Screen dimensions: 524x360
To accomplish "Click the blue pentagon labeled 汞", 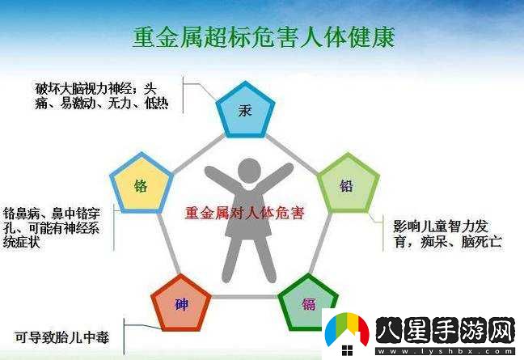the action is [x=245, y=111].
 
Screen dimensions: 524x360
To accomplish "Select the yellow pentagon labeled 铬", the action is [x=141, y=184].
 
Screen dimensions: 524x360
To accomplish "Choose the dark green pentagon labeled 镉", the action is [x=308, y=303].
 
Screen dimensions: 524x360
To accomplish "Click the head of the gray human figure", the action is [x=249, y=171].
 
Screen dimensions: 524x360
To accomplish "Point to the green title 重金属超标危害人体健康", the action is [x=264, y=37].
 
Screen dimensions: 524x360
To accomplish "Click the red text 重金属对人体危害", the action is [x=245, y=213].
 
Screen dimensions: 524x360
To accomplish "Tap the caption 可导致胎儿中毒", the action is [x=61, y=337].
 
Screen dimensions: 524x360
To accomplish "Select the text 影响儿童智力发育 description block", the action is [x=447, y=234].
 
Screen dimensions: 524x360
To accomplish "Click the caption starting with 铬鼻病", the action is [x=52, y=228].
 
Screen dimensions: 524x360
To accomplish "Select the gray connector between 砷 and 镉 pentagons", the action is [x=245, y=297].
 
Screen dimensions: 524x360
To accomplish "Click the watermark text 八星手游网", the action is [x=445, y=331].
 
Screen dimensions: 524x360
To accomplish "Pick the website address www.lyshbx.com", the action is [x=445, y=351].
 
